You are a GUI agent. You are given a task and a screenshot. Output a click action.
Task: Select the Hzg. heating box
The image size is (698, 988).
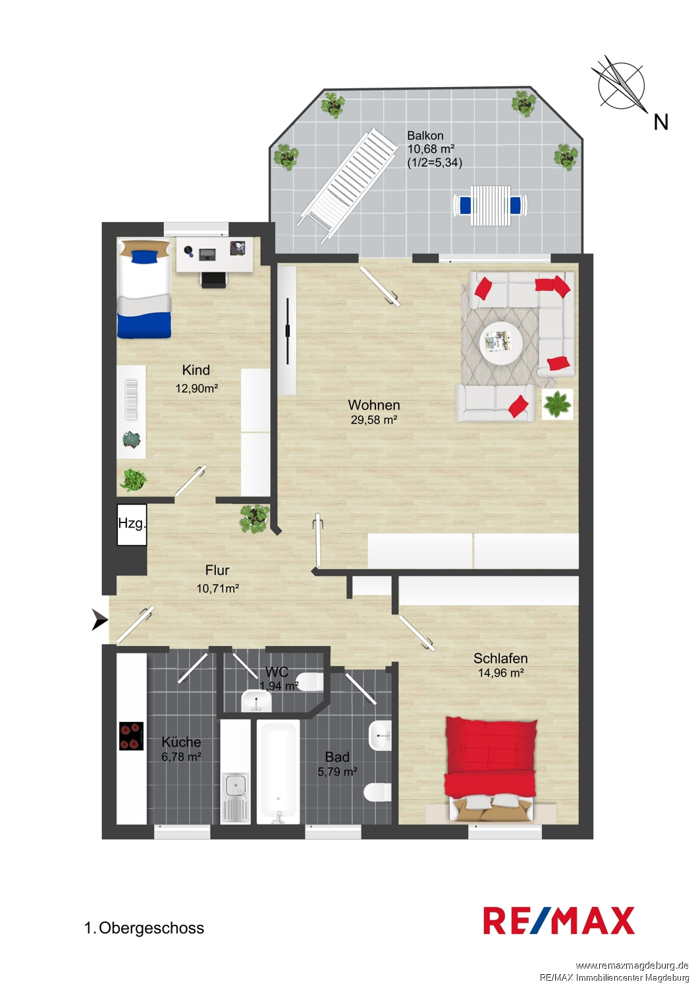(132, 525)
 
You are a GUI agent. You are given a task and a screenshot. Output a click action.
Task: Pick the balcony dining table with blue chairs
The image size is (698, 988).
(490, 205)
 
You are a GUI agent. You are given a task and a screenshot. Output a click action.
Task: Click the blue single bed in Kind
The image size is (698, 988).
(144, 288)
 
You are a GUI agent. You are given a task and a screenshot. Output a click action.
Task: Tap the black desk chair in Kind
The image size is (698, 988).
(214, 280)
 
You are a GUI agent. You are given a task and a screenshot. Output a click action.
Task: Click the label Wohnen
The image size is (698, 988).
(374, 404)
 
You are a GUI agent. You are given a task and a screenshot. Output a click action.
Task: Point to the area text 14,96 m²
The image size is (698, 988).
(501, 672)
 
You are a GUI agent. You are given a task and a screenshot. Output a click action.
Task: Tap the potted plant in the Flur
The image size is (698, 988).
(254, 518)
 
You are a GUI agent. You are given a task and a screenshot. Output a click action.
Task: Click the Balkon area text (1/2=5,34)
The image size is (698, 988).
(435, 163)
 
